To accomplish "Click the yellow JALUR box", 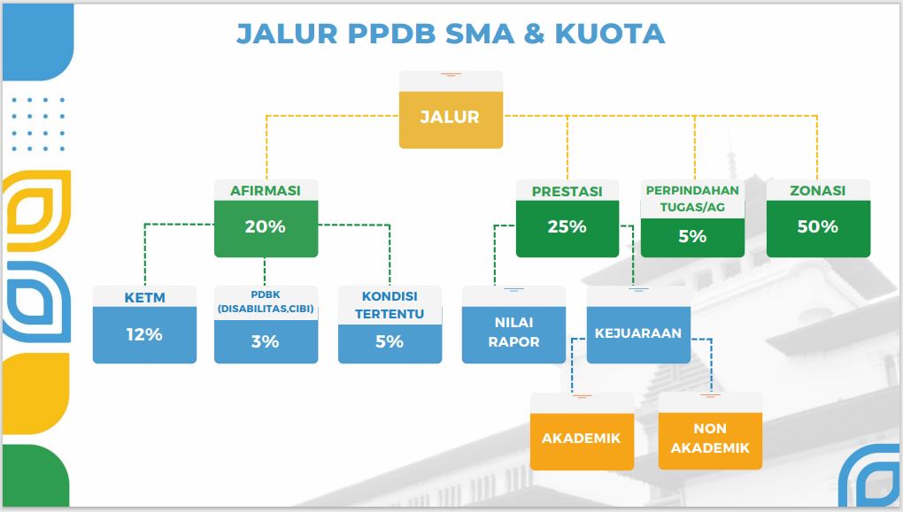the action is [451, 119].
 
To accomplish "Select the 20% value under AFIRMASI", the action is [266, 226].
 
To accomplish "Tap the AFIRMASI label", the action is [266, 190].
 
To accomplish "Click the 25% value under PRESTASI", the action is [567, 226].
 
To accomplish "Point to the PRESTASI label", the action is [567, 191].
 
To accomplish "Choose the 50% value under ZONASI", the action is [818, 226].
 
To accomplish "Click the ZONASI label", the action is [818, 190].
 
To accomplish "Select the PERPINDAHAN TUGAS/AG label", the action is [692, 198].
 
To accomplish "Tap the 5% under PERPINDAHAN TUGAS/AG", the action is [692, 236].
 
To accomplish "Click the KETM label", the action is [144, 297].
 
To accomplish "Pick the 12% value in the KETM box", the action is [144, 334].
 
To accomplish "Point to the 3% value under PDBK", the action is [266, 341].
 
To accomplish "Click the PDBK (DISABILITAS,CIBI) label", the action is [266, 302].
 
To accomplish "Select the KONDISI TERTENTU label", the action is [390, 305].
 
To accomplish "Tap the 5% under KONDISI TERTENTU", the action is [390, 341].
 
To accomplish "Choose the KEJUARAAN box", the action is [638, 334].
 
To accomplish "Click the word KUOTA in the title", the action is [610, 34].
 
